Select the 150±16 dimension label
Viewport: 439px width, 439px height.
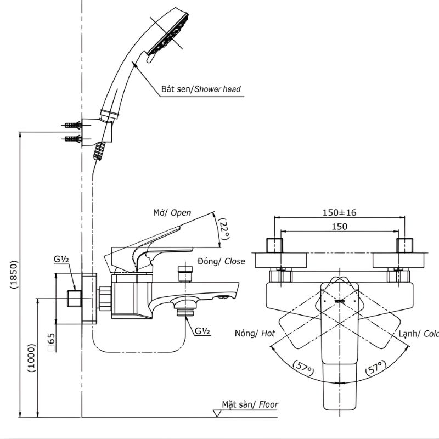(x=340, y=213)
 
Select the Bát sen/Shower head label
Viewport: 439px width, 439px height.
(x=201, y=89)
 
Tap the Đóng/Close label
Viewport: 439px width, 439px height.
(x=221, y=262)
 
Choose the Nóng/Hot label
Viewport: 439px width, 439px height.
(x=255, y=333)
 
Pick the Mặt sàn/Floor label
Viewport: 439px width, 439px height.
(x=250, y=405)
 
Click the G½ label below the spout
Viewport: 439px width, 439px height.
(x=202, y=331)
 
